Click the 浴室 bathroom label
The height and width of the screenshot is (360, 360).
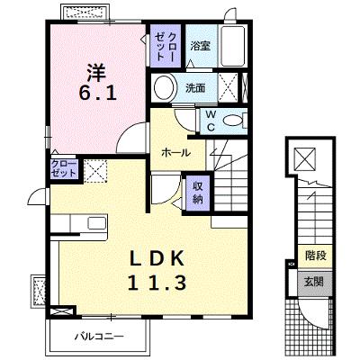tap(201, 46)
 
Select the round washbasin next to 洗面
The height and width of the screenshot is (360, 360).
tap(164, 87)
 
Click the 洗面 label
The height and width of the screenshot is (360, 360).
tap(195, 88)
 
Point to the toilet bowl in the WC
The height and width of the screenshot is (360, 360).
tap(231, 121)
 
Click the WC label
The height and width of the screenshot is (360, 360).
tap(211, 121)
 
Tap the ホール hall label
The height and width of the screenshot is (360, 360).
tap(176, 153)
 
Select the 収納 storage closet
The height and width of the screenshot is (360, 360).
tap(198, 193)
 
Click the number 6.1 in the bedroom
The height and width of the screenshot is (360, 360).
tap(97, 94)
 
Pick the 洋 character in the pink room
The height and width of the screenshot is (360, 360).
tap(96, 72)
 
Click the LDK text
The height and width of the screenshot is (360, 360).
tap(157, 258)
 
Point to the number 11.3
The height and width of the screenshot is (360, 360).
tap(157, 283)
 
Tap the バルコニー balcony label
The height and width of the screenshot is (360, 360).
tap(99, 336)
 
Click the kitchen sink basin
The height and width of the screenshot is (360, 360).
tap(96, 223)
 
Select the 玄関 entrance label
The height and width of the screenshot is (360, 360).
tap(314, 282)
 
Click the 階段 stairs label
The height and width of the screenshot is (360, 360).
tap(316, 256)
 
